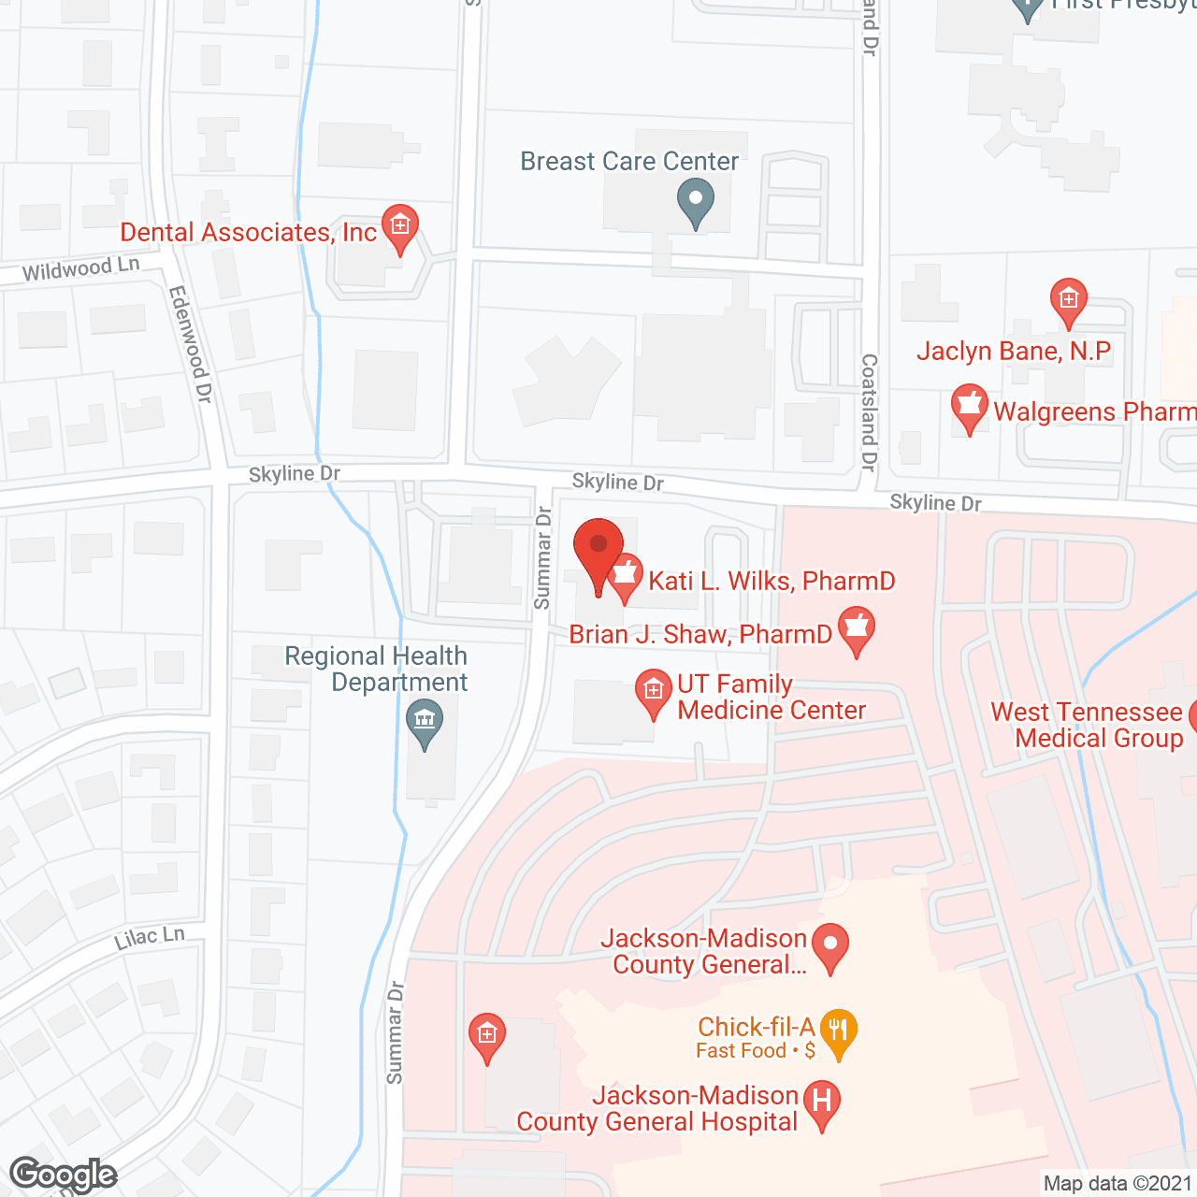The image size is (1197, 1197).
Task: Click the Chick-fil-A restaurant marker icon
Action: pos(838,1031)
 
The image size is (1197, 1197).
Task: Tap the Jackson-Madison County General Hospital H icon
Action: pos(822,1102)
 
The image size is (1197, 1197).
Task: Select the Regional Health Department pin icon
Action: pos(425,722)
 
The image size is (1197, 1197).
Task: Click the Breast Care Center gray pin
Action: pos(695,201)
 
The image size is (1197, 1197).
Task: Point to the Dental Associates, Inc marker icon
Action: pos(400,227)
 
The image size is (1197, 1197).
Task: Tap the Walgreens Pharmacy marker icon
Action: pos(969,407)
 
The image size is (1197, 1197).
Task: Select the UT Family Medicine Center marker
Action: pos(653,692)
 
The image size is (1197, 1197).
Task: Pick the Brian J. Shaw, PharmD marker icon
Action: pos(856,628)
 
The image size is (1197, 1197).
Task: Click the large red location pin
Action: pos(598,552)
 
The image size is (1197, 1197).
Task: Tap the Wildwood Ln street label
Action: pos(80,270)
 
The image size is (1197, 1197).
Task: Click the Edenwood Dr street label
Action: pos(190,344)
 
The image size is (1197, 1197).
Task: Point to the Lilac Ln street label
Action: pos(150,938)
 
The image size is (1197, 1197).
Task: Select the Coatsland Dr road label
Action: pos(869,411)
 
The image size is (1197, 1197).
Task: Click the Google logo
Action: pos(64,1175)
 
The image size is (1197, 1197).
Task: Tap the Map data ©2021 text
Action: pos(1118,1184)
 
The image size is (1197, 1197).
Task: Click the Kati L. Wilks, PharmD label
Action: pos(772,581)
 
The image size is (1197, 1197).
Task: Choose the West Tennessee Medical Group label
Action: pos(1087,725)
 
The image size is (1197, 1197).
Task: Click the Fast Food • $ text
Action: pos(756,1051)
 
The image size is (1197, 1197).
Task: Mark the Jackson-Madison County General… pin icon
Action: pos(829,945)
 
